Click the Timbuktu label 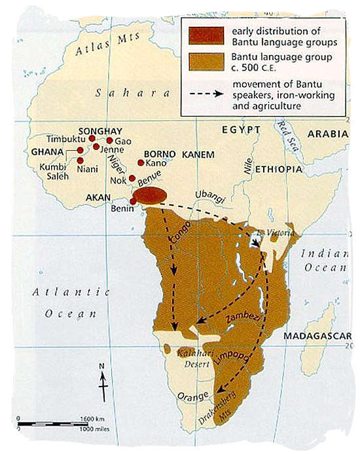(67, 140)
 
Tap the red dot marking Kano (141, 162)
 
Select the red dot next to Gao (109, 140)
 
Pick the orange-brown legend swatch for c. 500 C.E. (201, 60)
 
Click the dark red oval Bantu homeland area (150, 195)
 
